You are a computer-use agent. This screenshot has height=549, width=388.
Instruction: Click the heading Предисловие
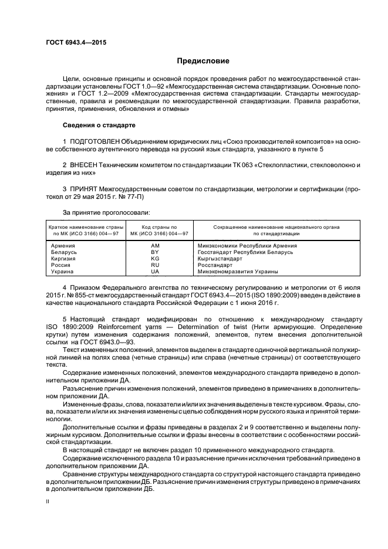click(x=204, y=62)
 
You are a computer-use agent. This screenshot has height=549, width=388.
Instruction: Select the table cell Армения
click(x=63, y=246)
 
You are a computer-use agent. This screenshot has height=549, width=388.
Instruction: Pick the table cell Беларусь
click(x=65, y=252)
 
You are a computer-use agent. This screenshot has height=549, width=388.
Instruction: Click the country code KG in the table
click(x=155, y=259)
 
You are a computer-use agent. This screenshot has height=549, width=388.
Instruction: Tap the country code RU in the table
click(x=155, y=265)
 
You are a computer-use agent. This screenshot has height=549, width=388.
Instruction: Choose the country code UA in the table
click(x=155, y=272)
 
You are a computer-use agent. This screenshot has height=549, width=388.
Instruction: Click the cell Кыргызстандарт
click(x=220, y=259)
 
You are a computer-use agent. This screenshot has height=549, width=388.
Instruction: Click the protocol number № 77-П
click(x=134, y=198)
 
